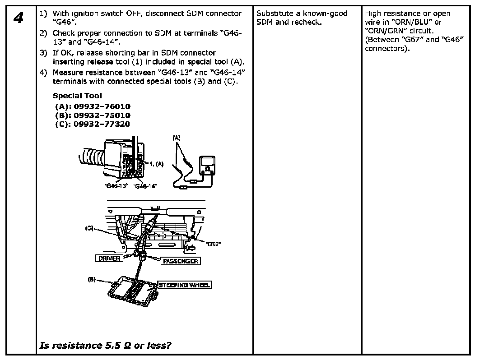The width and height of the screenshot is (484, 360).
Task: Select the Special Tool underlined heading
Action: click(77, 96)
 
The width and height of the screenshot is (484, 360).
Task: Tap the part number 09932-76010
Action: click(102, 106)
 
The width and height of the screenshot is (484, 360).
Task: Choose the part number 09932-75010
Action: click(102, 115)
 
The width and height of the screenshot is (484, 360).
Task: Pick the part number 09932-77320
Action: click(102, 124)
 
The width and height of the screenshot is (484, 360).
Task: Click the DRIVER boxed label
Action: click(109, 258)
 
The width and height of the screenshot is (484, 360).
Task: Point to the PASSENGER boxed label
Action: click(180, 261)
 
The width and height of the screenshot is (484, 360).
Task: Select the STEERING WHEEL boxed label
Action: click(184, 285)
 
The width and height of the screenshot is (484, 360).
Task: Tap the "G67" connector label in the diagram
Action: click(213, 244)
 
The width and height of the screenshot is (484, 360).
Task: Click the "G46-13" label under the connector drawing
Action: click(116, 186)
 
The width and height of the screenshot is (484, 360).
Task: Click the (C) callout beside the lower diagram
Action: click(90, 228)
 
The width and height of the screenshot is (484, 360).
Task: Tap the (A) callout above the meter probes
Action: click(177, 137)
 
